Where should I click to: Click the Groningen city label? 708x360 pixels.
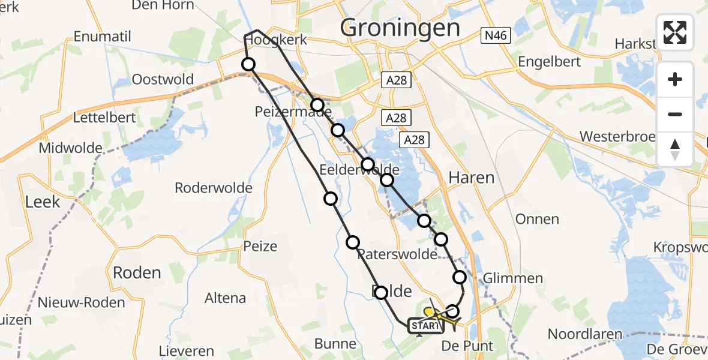pyautogui.click(x=400, y=28)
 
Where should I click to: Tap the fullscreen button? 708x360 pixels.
pyautogui.click(x=675, y=32)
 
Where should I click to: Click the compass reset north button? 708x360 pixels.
pyautogui.click(x=675, y=149)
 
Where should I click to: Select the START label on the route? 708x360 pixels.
pyautogui.click(x=425, y=326)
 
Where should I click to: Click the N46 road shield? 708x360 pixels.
pyautogui.click(x=496, y=36)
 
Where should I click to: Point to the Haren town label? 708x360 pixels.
pyautogui.click(x=472, y=178)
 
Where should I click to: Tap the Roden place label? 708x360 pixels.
pyautogui.click(x=137, y=273)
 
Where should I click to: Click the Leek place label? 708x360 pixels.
pyautogui.click(x=43, y=202)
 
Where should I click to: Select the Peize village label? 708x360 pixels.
pyautogui.click(x=260, y=246)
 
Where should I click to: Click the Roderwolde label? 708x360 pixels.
pyautogui.click(x=214, y=188)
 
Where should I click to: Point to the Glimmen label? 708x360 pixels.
pyautogui.click(x=513, y=278)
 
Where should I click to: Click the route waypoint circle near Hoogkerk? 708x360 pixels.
pyautogui.click(x=248, y=64)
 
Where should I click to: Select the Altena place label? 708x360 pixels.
pyautogui.click(x=225, y=298)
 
